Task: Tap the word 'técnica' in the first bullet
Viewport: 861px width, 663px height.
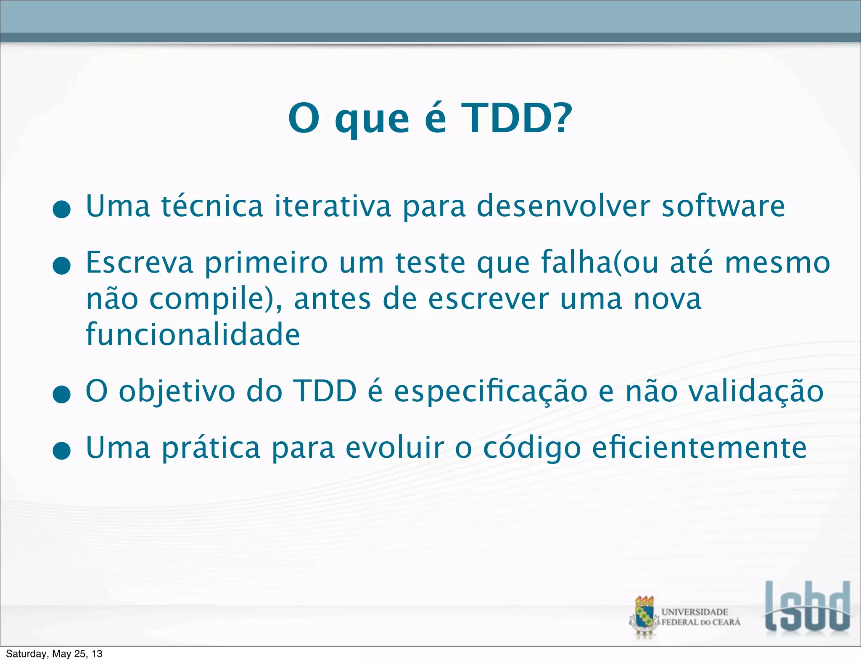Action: (212, 206)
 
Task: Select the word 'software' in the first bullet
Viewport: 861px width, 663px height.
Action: (723, 206)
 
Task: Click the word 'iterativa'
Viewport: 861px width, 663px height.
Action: (333, 206)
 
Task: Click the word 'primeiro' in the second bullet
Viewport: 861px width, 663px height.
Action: (266, 263)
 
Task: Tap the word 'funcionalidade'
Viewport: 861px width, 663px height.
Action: (193, 334)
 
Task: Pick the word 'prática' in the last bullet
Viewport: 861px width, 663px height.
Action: (211, 448)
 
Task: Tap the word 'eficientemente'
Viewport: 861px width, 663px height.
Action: (699, 448)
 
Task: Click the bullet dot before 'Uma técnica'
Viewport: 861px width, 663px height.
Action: (62, 210)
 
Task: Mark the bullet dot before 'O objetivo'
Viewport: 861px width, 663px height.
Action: (62, 395)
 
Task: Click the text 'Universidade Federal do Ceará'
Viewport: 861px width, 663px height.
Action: (700, 617)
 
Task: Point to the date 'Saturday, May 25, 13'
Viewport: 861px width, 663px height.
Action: (54, 654)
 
